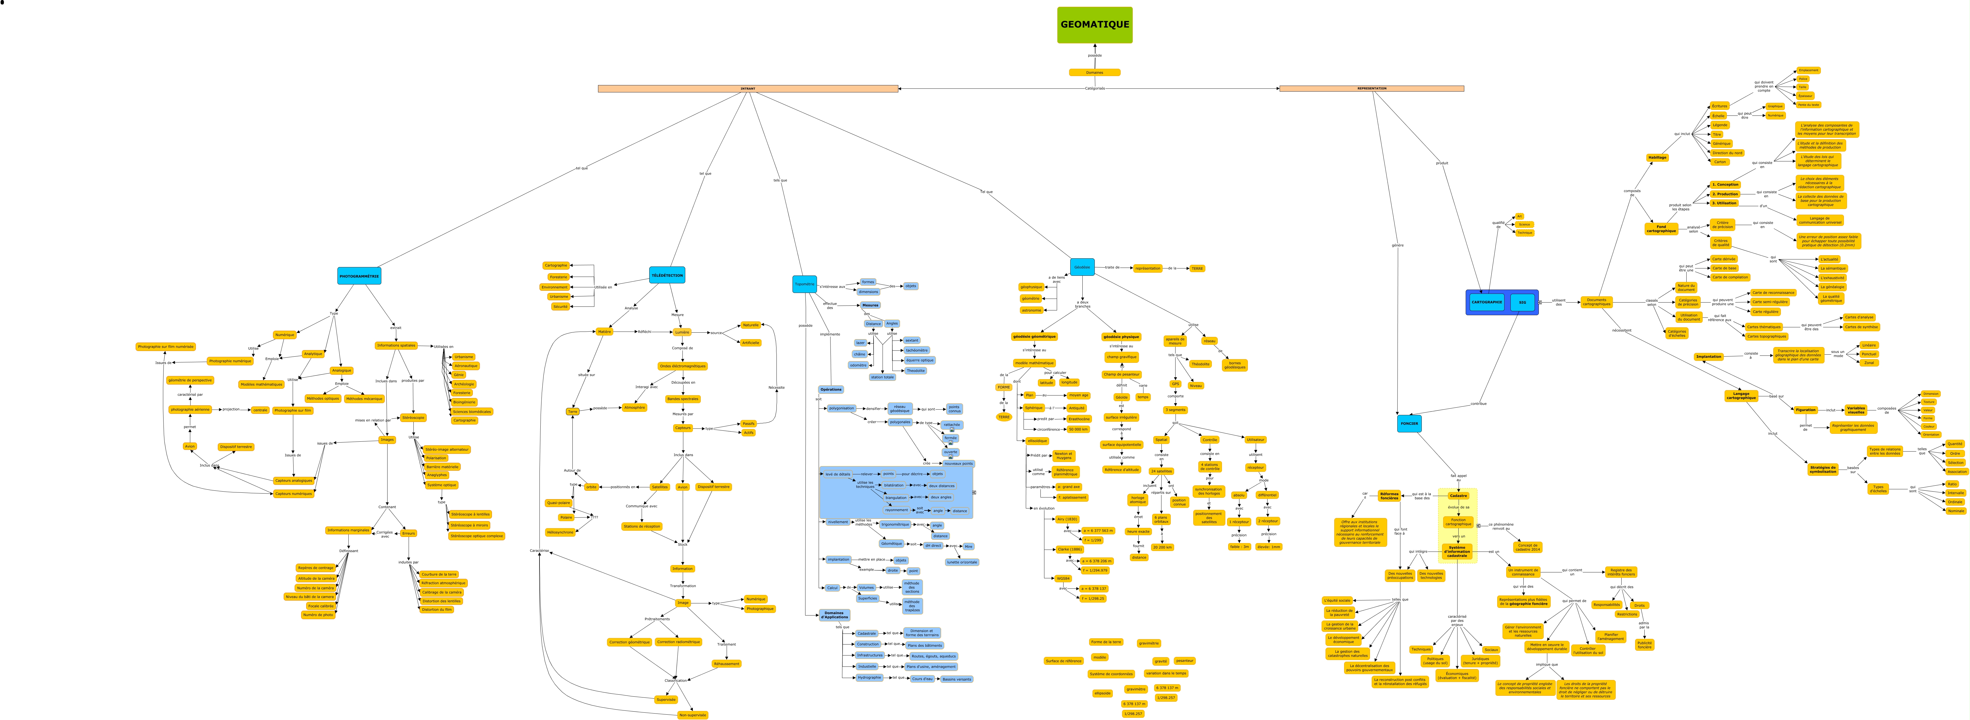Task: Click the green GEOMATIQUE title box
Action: click(x=1094, y=25)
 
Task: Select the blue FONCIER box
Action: click(x=1409, y=423)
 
